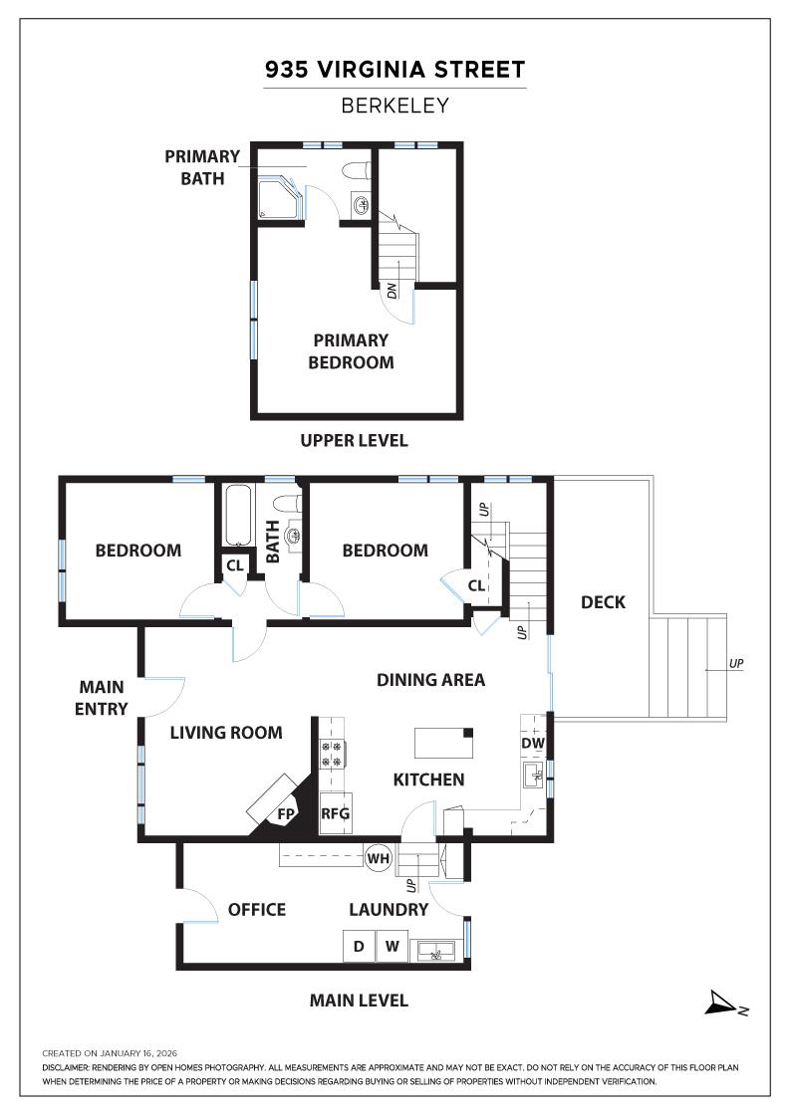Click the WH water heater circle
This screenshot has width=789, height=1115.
pyautogui.click(x=378, y=858)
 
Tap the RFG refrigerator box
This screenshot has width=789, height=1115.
pyautogui.click(x=335, y=813)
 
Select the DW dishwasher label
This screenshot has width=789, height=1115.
pyautogui.click(x=532, y=743)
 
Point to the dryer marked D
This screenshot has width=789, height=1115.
pyautogui.click(x=359, y=946)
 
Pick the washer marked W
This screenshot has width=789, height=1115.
pyautogui.click(x=392, y=946)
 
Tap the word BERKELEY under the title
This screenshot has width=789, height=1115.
pyautogui.click(x=394, y=106)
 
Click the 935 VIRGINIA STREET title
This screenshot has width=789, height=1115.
pyautogui.click(x=394, y=70)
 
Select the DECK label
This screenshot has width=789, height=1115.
pyautogui.click(x=603, y=601)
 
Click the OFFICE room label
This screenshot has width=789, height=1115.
pyautogui.click(x=256, y=909)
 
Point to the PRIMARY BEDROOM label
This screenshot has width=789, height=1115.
pyautogui.click(x=351, y=351)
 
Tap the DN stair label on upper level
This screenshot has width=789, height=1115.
pyautogui.click(x=392, y=291)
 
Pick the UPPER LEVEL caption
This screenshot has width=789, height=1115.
pyautogui.click(x=354, y=440)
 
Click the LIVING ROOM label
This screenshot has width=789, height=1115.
pyautogui.click(x=225, y=733)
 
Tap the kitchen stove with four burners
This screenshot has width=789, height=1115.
pyautogui.click(x=331, y=754)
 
